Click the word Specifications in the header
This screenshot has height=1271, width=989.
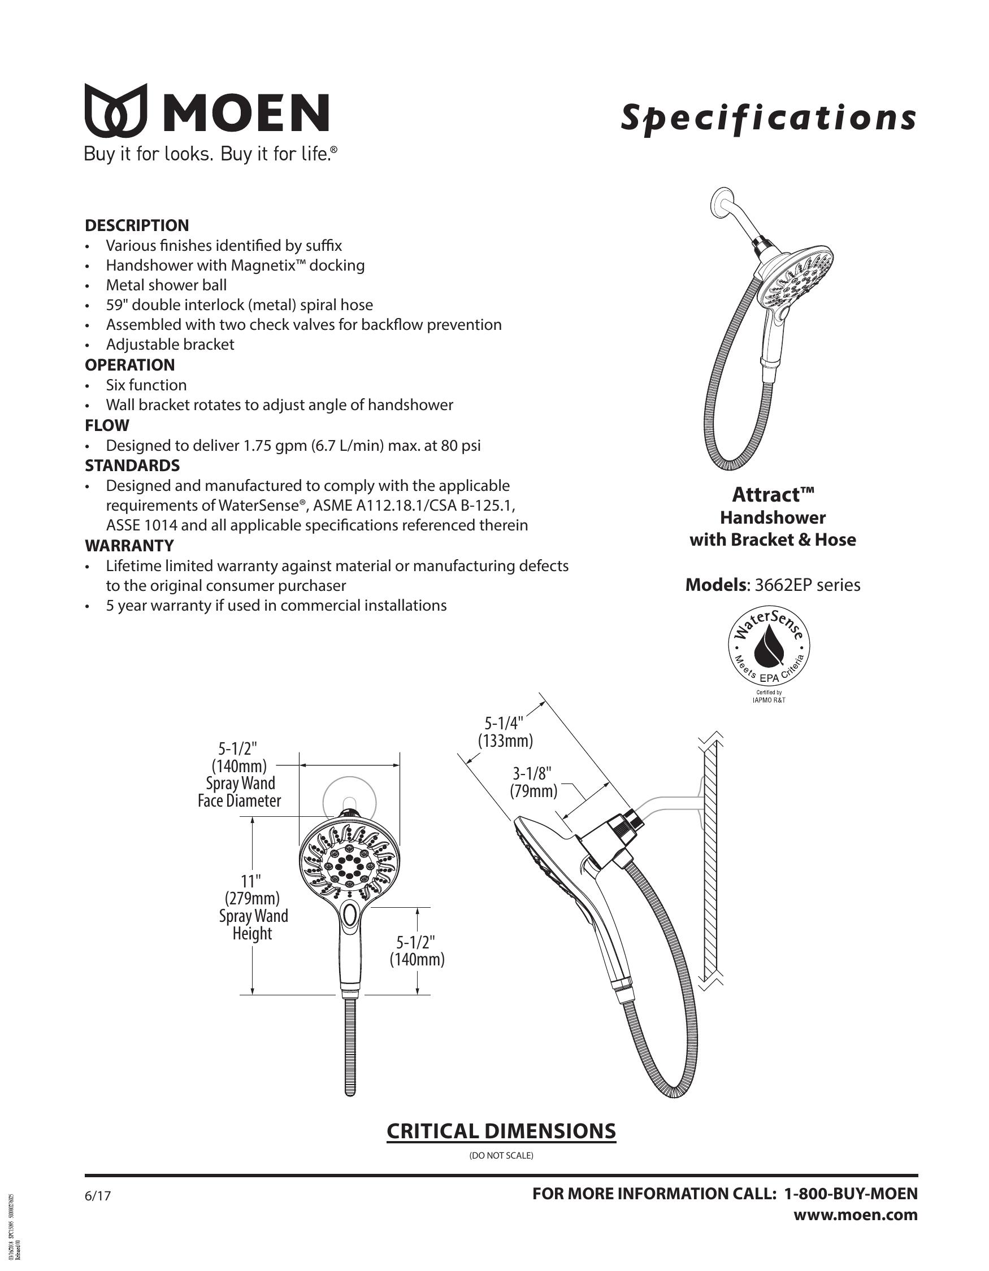click(x=768, y=118)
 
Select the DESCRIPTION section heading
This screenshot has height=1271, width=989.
click(x=137, y=225)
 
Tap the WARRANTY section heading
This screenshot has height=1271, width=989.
click(x=129, y=546)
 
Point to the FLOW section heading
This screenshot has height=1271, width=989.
click(x=107, y=425)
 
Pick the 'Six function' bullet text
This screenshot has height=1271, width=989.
click(x=146, y=385)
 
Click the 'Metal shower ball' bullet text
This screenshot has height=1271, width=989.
click(x=166, y=285)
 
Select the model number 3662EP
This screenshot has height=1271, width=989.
click(x=783, y=585)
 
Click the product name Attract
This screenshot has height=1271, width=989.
click(x=773, y=495)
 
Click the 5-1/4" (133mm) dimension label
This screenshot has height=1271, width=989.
click(x=505, y=732)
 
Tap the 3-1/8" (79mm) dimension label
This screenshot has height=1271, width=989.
click(x=533, y=782)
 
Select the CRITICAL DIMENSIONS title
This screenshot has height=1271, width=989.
click(x=501, y=1131)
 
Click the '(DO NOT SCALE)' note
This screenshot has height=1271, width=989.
click(x=501, y=1156)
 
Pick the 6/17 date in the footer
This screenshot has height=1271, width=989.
click(x=97, y=1196)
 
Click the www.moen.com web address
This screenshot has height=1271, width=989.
click(x=855, y=1215)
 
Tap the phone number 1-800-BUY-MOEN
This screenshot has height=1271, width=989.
click(x=851, y=1194)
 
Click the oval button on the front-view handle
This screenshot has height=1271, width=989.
click(x=350, y=916)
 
